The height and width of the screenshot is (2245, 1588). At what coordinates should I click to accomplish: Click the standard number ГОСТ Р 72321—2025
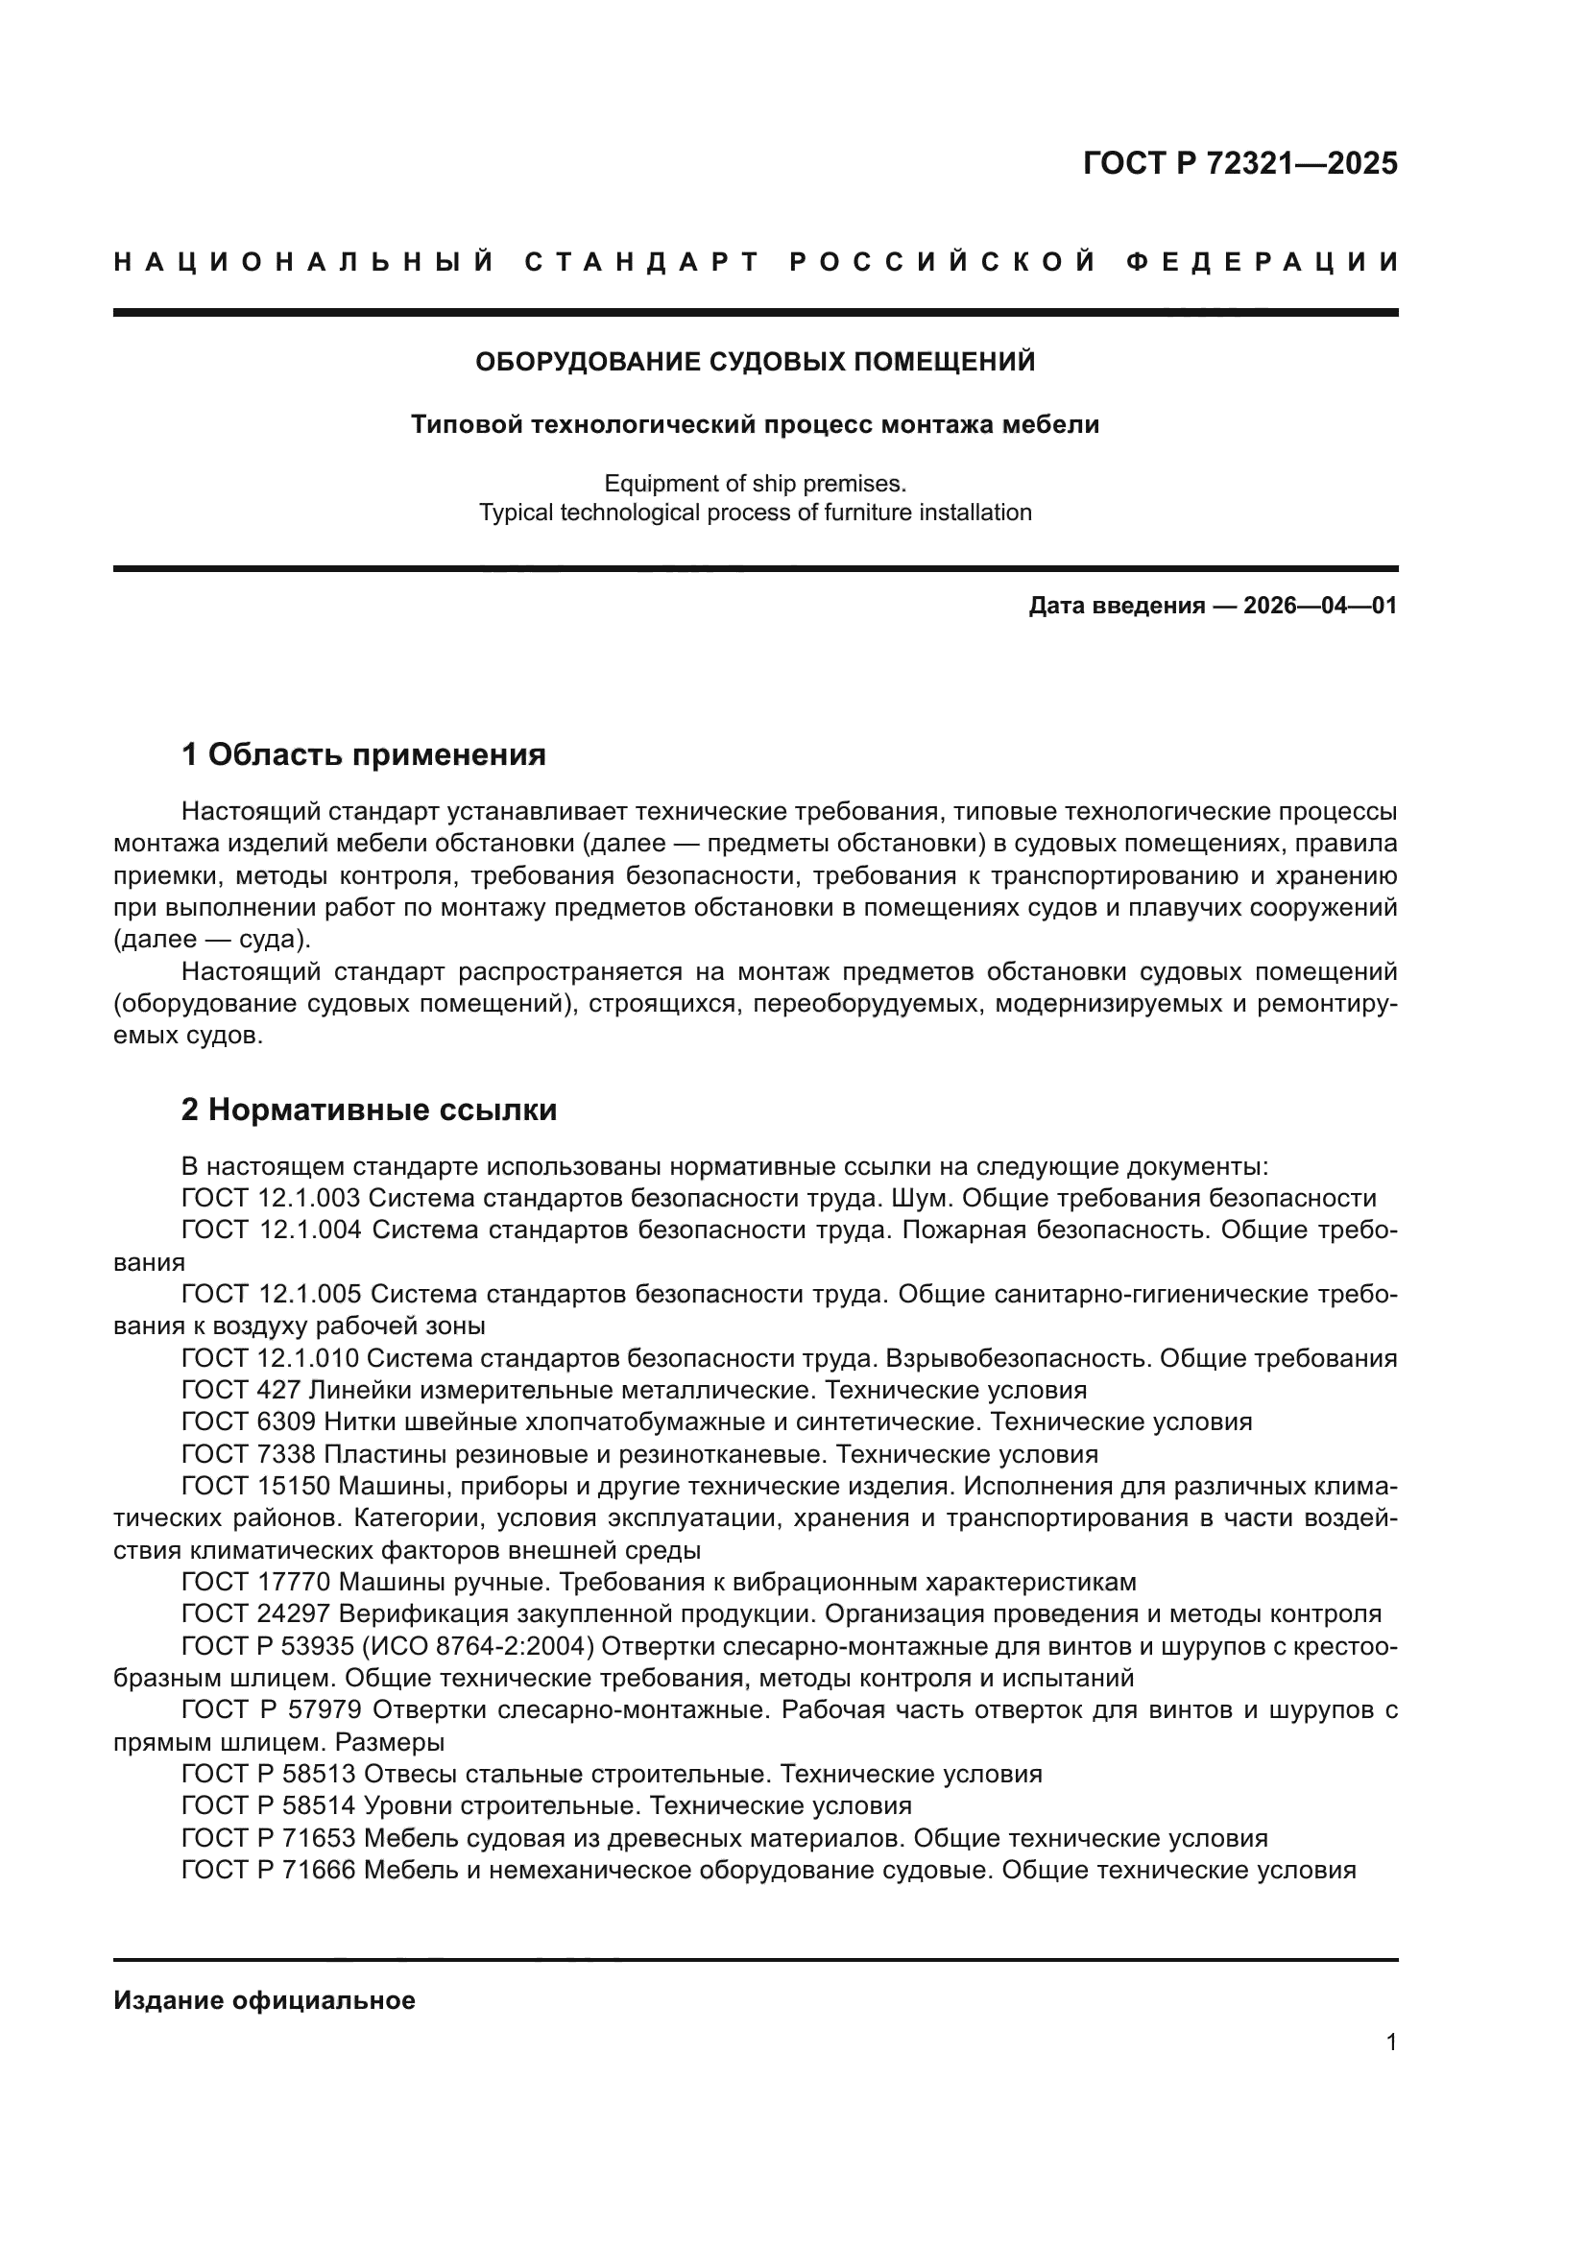[x=1239, y=163]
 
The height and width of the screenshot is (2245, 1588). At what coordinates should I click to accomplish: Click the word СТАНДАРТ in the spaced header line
[x=642, y=262]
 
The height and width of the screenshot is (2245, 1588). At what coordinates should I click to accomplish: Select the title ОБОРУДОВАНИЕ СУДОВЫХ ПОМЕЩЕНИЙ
[x=755, y=362]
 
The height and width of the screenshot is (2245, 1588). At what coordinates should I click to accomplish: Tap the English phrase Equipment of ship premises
[x=755, y=483]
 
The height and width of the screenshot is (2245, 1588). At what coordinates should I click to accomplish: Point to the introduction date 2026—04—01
[x=1319, y=606]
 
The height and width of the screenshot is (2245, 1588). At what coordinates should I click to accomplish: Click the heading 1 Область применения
[x=363, y=753]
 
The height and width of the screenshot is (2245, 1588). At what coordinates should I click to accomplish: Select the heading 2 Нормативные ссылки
[x=369, y=1109]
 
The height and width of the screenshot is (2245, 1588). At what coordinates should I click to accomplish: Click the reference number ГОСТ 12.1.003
[x=271, y=1198]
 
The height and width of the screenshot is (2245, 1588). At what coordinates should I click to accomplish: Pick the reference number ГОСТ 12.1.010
[x=271, y=1357]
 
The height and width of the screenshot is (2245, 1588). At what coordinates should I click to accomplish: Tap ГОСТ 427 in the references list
[x=242, y=1390]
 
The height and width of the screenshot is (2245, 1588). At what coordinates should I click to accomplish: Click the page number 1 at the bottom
[x=1390, y=2042]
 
